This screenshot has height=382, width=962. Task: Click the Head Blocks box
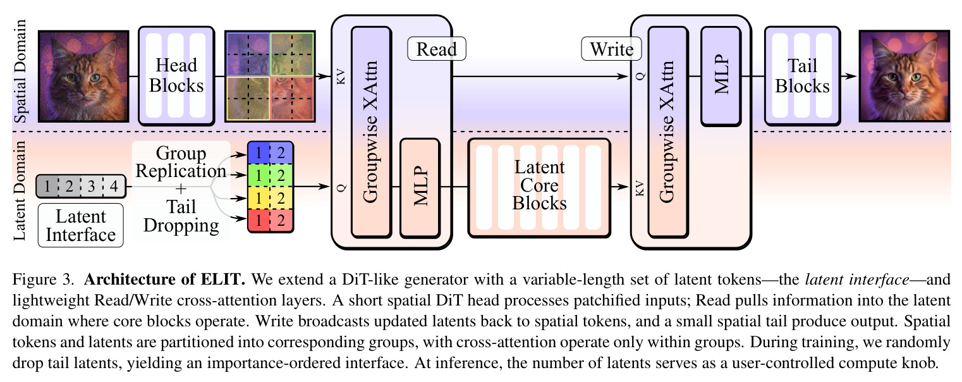(x=176, y=76)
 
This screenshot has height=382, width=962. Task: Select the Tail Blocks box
(x=802, y=76)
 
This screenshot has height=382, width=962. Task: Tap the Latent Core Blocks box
(x=539, y=188)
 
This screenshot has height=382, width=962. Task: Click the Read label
(x=436, y=49)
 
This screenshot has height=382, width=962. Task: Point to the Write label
(x=611, y=49)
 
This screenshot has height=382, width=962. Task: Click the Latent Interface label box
(x=81, y=225)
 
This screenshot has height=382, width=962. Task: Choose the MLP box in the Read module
(x=420, y=188)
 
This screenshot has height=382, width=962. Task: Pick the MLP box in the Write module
(x=721, y=76)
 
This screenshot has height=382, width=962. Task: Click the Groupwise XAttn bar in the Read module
(x=372, y=132)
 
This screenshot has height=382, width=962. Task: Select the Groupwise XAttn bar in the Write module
(x=668, y=132)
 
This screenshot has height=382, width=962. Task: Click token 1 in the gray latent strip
(x=47, y=186)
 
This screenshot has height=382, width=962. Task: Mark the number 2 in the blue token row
(x=281, y=152)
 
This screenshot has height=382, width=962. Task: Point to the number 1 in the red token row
(x=259, y=221)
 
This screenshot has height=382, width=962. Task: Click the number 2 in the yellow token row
(x=281, y=198)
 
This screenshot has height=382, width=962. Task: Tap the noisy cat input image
(x=83, y=76)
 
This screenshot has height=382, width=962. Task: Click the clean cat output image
(x=904, y=76)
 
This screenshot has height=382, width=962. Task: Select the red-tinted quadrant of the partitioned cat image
(x=293, y=99)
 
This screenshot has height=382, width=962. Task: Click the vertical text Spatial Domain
(x=20, y=71)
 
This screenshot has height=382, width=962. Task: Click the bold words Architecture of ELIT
(x=164, y=280)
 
